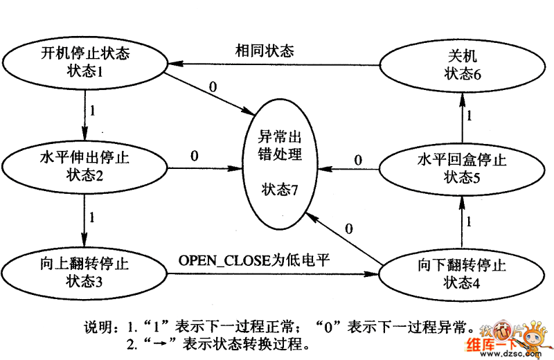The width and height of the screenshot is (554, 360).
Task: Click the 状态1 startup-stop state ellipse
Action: click(x=84, y=62)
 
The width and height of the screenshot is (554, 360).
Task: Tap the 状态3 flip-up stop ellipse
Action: click(x=84, y=272)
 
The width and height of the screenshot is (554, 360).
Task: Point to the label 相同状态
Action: click(x=265, y=51)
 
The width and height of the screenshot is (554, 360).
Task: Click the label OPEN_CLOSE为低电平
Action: click(x=253, y=260)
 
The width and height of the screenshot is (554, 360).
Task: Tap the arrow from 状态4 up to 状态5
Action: click(x=462, y=222)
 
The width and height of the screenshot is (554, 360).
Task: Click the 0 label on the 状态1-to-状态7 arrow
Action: click(x=213, y=87)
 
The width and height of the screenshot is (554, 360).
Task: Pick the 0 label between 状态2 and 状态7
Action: click(x=194, y=156)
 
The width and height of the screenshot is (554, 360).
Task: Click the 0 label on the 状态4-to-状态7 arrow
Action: click(x=348, y=228)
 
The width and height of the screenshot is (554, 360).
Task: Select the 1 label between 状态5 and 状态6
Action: click(x=469, y=116)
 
